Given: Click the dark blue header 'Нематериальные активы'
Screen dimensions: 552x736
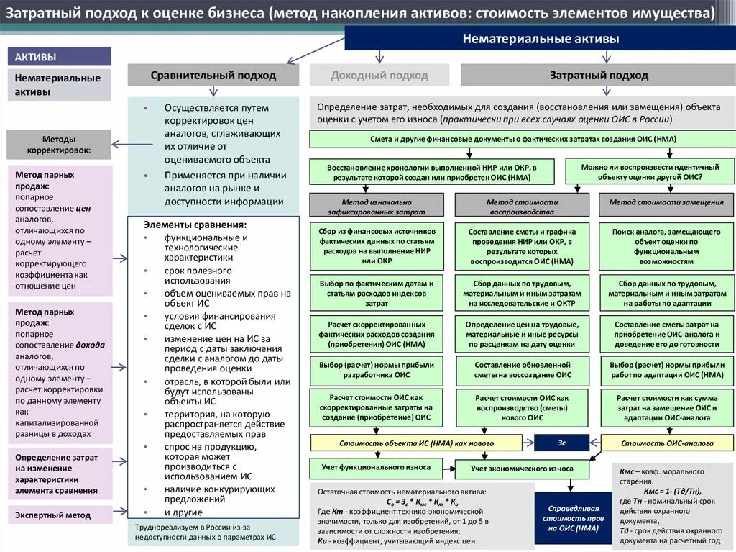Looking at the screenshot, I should coord(540,39).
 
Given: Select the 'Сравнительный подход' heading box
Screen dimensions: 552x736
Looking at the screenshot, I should coord(213,75).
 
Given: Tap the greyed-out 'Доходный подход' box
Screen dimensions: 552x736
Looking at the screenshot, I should coord(379,75).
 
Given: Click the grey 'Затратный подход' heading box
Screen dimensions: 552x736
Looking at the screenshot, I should coord(598,75).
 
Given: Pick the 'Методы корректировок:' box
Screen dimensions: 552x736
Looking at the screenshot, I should coord(59,145).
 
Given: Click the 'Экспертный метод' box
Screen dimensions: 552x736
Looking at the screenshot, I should coord(59,515).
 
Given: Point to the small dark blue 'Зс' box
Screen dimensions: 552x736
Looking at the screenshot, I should coord(561,443).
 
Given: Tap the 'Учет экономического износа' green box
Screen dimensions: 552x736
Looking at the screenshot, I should coord(522,469).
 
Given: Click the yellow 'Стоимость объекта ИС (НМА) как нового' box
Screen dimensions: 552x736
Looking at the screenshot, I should coord(416,443).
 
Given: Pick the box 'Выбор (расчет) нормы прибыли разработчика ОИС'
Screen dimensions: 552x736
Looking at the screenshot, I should coord(376,370).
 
